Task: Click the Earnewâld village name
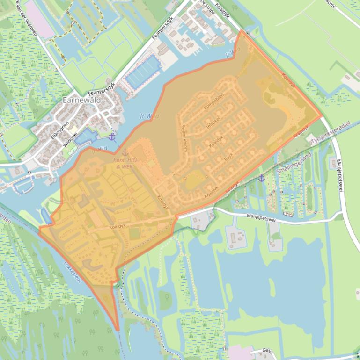pyautogui.click(x=81, y=100)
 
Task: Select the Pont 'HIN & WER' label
pyautogui.click(x=125, y=162)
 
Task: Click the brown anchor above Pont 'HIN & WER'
pyautogui.click(x=125, y=152)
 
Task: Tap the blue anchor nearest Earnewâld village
pyautogui.click(x=111, y=137)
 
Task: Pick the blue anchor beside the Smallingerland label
pyautogui.click(x=261, y=178)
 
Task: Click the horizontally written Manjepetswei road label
pyautogui.click(x=261, y=216)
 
